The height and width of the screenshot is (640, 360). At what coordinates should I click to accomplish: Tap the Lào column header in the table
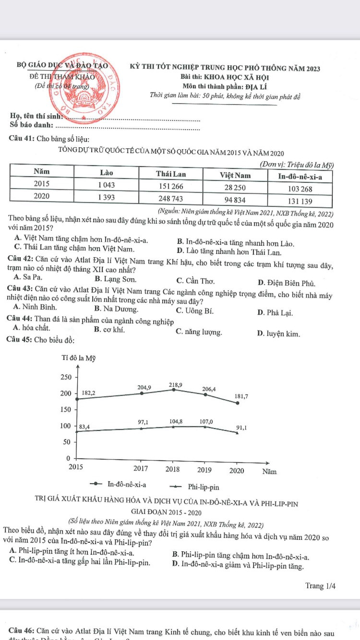pos(106,173)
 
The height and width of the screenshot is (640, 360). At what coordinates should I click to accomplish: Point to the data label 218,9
pos(175,385)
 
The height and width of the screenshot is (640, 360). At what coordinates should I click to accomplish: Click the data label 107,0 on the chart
pos(206,421)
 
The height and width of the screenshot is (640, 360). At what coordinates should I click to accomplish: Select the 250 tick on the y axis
pos(65,377)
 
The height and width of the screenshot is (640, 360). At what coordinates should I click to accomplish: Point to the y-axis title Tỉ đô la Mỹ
pos(79,359)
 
